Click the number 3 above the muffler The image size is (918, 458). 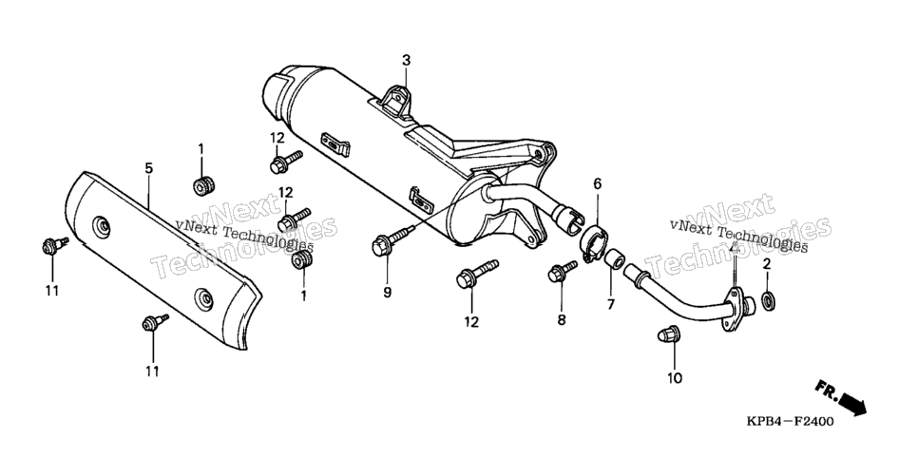(407, 60)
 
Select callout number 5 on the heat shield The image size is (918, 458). (148, 169)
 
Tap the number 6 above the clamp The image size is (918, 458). (597, 184)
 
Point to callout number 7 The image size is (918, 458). (610, 304)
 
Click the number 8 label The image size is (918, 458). (562, 320)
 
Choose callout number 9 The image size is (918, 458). (387, 293)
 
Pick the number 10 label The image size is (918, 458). (675, 378)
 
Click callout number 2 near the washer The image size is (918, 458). (766, 264)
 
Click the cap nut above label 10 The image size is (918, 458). (668, 334)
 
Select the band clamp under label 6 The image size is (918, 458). (593, 241)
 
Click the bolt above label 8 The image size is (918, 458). (562, 271)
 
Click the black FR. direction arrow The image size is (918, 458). (851, 404)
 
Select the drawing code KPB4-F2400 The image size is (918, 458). (790, 421)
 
